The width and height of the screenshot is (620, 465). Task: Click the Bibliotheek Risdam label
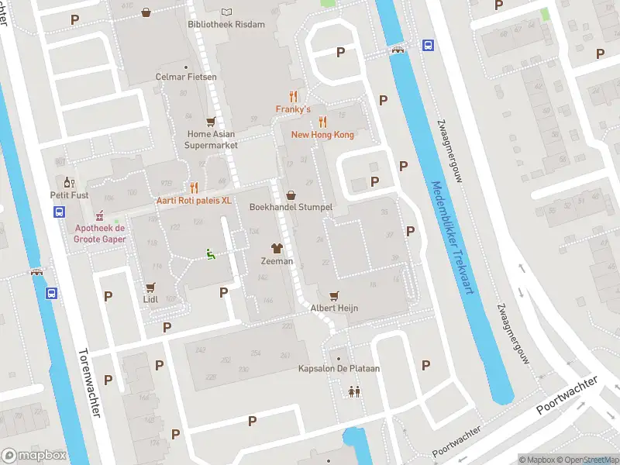pyautogui.click(x=226, y=24)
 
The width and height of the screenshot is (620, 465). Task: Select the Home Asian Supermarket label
pyautogui.click(x=211, y=139)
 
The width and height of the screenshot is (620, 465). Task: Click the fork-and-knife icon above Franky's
pyautogui.click(x=293, y=97)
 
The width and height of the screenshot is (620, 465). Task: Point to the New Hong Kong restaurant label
pyautogui.click(x=322, y=135)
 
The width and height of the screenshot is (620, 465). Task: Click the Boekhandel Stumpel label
pyautogui.click(x=291, y=208)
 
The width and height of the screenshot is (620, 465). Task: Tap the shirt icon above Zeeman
pyautogui.click(x=277, y=248)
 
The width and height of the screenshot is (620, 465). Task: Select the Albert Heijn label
pyautogui.click(x=334, y=308)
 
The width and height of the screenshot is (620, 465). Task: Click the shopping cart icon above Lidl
pyautogui.click(x=150, y=286)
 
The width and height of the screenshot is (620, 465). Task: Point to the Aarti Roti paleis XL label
pyautogui.click(x=194, y=200)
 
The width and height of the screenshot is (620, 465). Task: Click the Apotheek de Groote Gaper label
pyautogui.click(x=99, y=233)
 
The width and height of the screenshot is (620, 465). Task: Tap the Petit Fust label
pyautogui.click(x=69, y=195)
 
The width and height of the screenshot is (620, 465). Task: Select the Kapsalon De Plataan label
pyautogui.click(x=339, y=368)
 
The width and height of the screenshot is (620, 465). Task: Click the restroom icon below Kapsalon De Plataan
pyautogui.click(x=354, y=392)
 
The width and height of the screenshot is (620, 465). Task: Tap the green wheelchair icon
pyautogui.click(x=210, y=253)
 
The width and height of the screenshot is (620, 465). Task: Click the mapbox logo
pyautogui.click(x=33, y=455)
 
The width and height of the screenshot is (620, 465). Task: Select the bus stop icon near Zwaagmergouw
pyautogui.click(x=427, y=46)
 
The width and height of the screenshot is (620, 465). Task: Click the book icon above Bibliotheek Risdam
pyautogui.click(x=226, y=12)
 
